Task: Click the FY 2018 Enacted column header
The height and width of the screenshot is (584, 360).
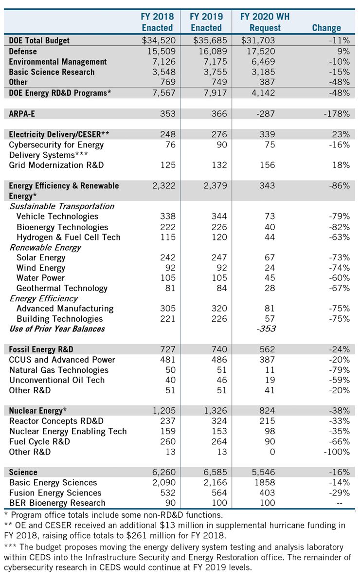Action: point(157,22)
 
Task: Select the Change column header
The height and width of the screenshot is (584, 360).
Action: point(326,28)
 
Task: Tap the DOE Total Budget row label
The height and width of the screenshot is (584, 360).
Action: point(39,41)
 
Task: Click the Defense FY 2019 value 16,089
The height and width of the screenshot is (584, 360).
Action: point(210,51)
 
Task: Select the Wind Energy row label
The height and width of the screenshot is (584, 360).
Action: point(41,268)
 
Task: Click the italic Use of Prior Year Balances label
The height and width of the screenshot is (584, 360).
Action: point(57,329)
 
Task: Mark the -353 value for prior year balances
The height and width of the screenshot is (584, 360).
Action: point(266,329)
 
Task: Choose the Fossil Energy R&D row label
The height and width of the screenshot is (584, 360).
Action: point(41,349)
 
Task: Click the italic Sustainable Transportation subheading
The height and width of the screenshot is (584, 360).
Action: point(62,206)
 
